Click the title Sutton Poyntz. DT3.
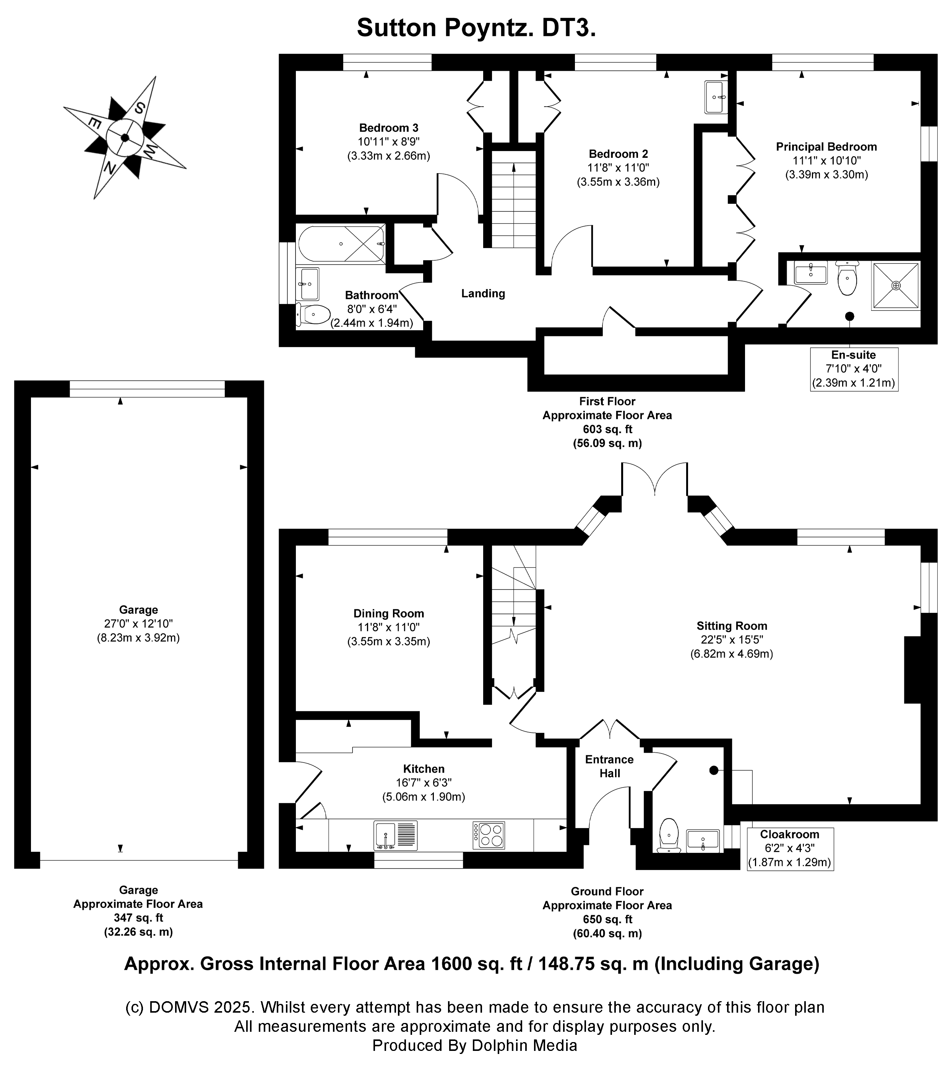coord(476,28)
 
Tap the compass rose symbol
coord(125,138)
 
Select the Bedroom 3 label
coord(388,128)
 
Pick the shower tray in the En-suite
coord(896,286)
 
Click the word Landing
coord(483,294)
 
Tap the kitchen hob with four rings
coord(489,835)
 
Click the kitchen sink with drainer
coord(395,835)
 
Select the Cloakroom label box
coord(789,849)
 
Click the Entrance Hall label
coord(609,766)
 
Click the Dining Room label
coord(388,614)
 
